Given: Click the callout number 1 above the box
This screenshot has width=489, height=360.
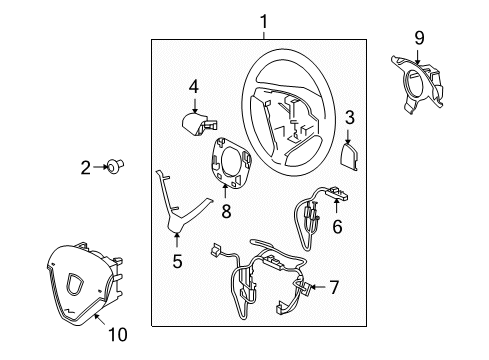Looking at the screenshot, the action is point(264,22).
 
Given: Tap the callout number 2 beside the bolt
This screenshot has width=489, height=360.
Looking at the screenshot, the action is point(86,168).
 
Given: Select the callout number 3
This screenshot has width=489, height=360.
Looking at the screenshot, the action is point(349,118).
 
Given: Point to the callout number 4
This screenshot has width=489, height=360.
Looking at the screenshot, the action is point(194,87).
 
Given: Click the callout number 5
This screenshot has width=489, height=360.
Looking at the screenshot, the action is point(177,261).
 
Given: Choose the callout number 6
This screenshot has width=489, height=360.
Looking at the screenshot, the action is point(337,227).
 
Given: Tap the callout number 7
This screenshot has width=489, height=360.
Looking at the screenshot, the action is point(334,287).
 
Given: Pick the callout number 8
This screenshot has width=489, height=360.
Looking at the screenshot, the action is point(226,211).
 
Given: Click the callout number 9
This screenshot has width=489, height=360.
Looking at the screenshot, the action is point(419,38).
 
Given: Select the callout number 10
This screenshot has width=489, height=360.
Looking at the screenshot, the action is point(118,334).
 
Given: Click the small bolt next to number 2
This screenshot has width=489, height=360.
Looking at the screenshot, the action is point(115,165).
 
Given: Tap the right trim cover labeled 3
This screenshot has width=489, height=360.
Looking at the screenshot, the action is point(350,157).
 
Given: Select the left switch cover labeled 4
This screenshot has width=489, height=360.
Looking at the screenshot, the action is point(199,123).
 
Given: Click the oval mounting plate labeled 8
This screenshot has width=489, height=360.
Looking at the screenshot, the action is point(230,162).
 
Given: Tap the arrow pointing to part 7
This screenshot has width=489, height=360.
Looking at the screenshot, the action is point(317,287).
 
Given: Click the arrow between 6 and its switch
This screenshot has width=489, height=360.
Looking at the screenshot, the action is point(336,206).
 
